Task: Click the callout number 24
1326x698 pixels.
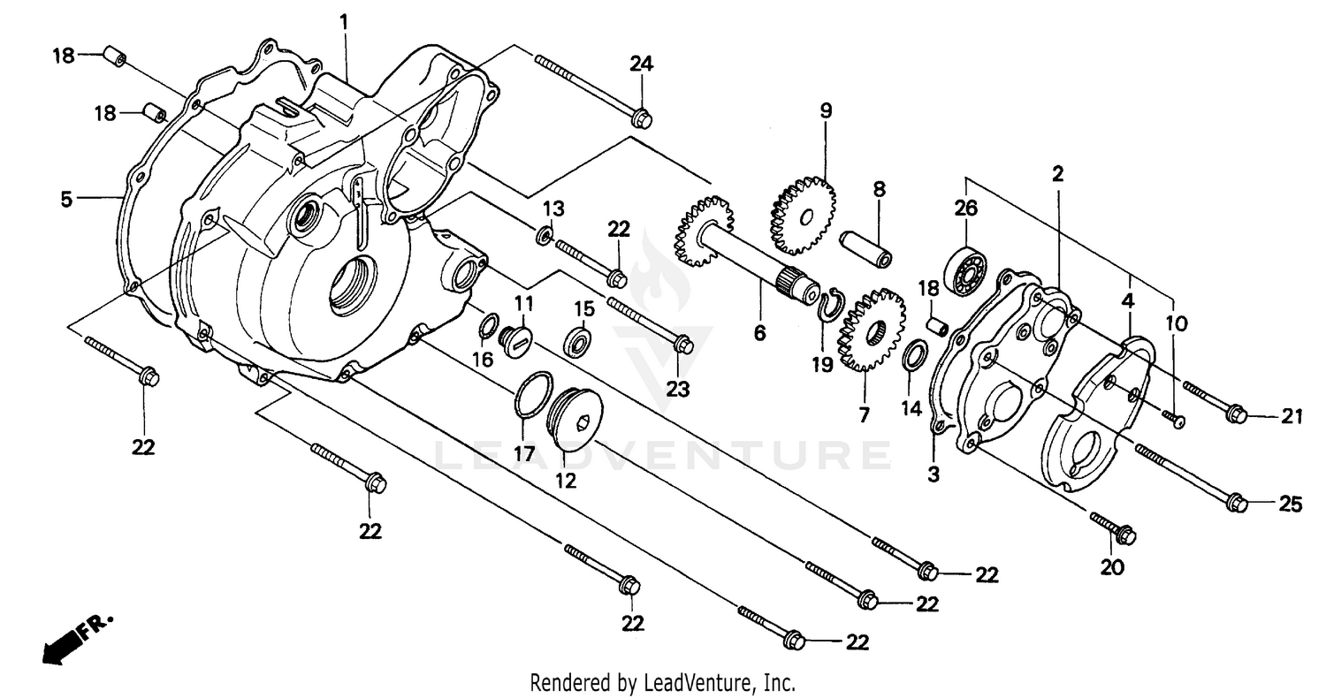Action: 641,63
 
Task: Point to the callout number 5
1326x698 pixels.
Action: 66,200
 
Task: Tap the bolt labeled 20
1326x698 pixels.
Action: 1116,529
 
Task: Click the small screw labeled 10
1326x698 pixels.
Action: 1177,420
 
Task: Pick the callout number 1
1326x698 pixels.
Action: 344,19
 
